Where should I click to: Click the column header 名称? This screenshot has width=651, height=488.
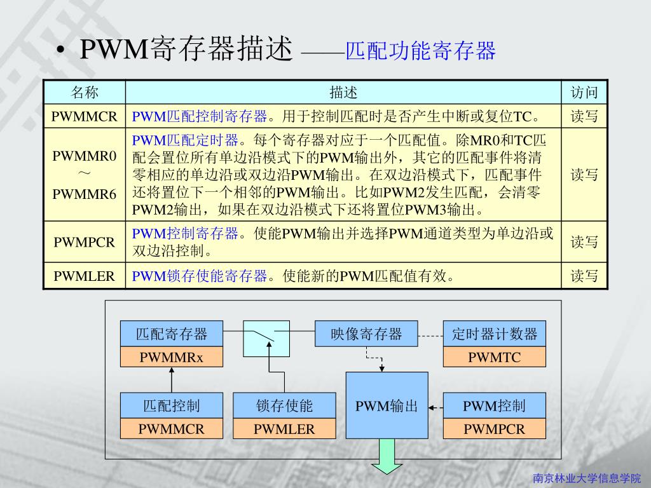(85, 93)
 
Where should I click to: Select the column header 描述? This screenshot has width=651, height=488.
(343, 93)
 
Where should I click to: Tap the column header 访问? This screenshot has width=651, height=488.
(584, 93)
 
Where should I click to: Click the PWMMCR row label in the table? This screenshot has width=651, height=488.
(85, 117)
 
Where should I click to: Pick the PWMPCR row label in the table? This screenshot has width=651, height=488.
(85, 242)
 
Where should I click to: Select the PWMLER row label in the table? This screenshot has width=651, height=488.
(85, 276)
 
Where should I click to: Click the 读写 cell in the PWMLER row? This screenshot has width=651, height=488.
(584, 276)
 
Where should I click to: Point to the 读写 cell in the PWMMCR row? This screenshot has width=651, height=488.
(584, 117)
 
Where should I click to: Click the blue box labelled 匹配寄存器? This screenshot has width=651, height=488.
(172, 334)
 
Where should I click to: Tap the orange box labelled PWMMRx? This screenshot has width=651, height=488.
(172, 357)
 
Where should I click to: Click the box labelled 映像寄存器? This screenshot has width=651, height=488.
(366, 334)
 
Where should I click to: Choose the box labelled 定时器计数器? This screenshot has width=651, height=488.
(494, 334)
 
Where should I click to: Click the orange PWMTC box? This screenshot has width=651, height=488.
(494, 357)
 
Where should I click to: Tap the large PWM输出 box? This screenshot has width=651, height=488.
(387, 405)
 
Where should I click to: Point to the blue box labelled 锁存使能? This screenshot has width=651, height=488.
(284, 405)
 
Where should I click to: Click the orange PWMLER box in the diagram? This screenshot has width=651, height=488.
(284, 429)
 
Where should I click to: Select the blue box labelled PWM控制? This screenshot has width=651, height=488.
(494, 405)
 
